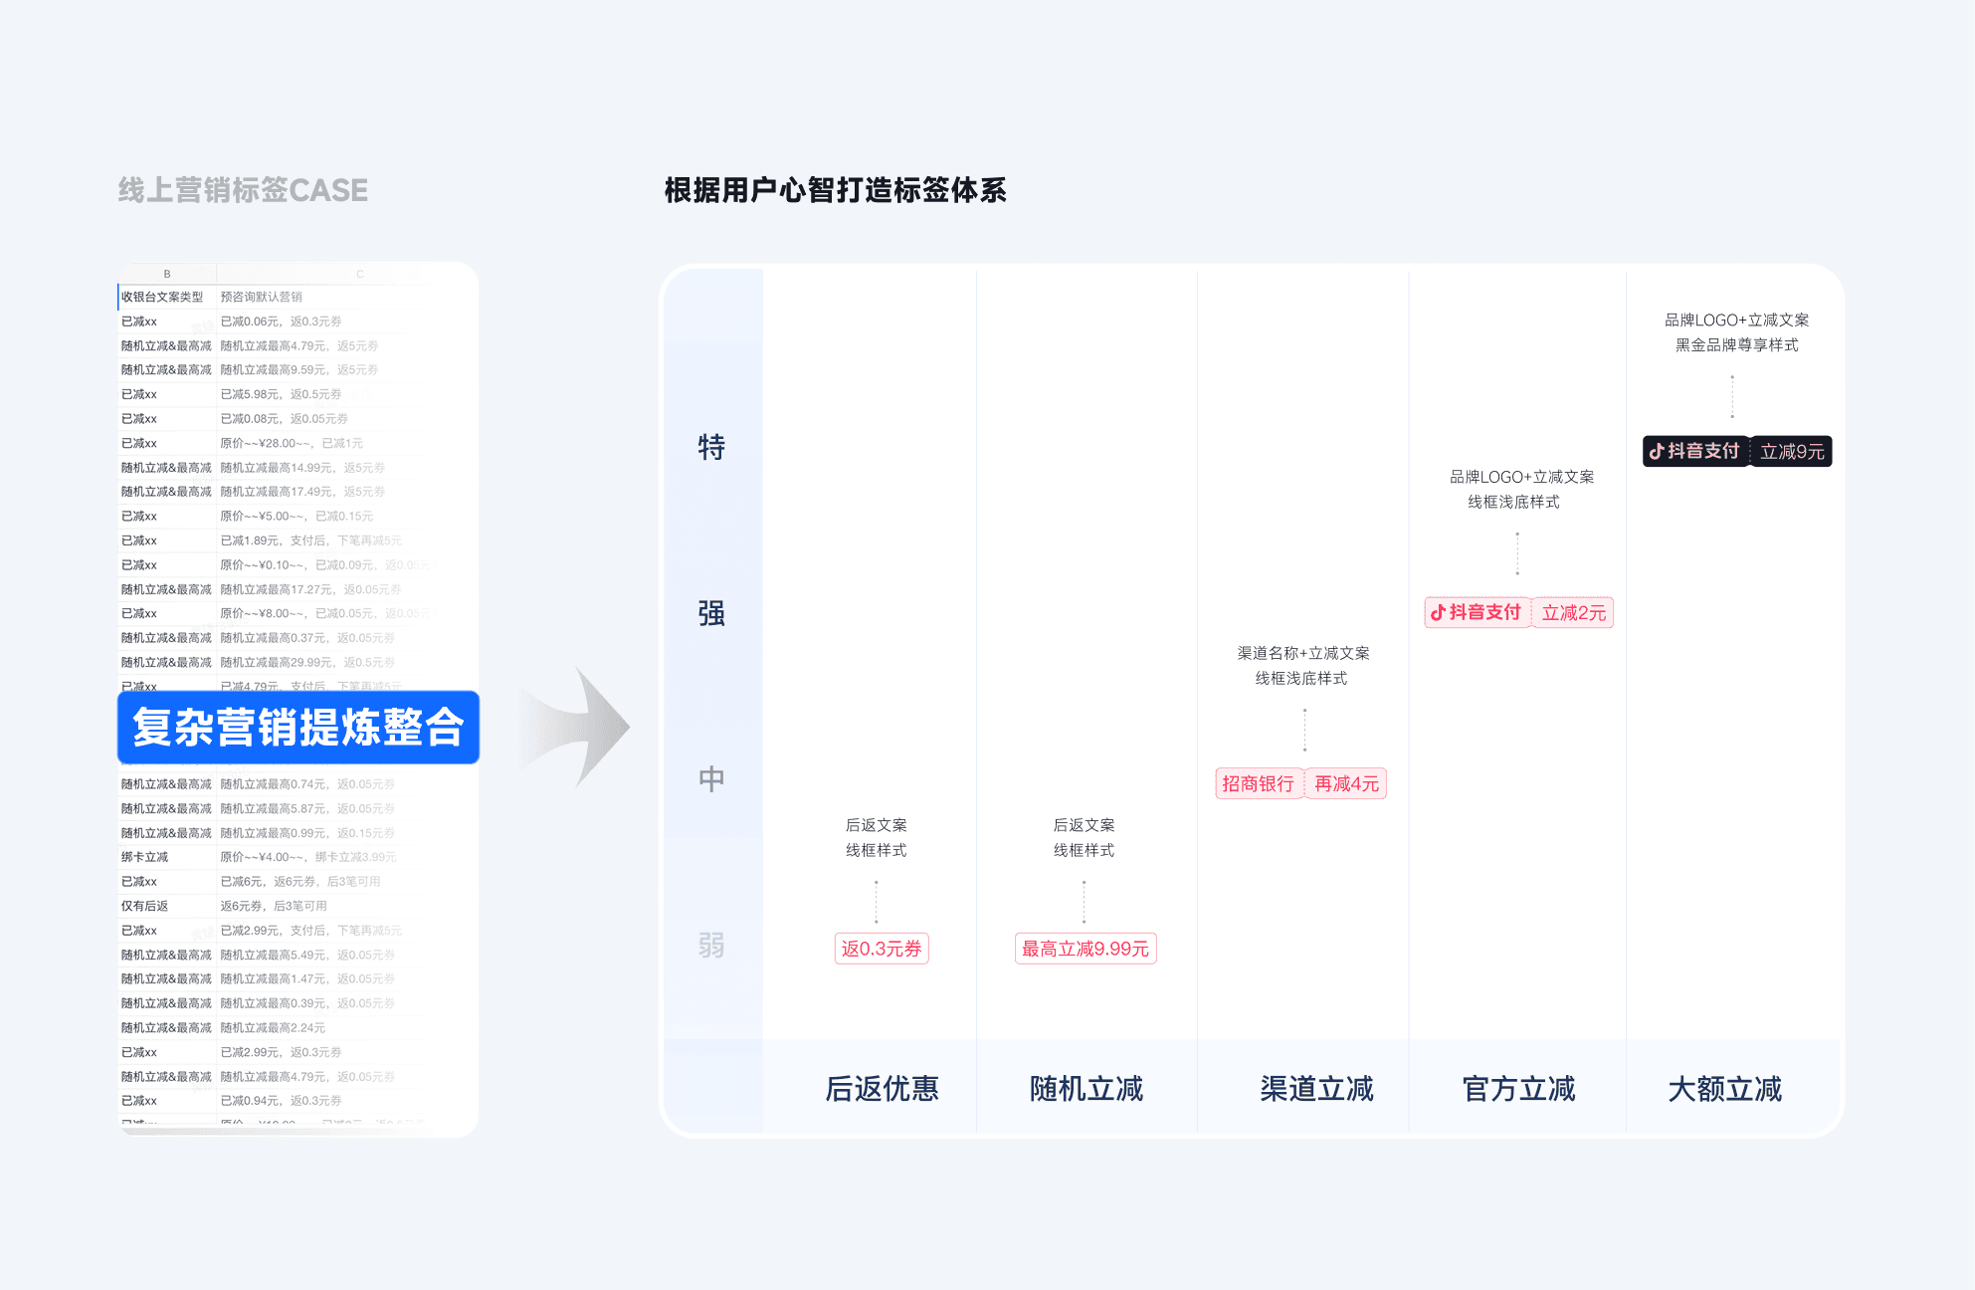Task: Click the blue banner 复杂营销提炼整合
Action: pos(297,728)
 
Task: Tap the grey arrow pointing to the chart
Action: pos(582,728)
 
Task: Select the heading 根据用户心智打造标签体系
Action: pos(835,190)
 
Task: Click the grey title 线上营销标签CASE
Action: pos(243,190)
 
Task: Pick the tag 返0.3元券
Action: pos(881,949)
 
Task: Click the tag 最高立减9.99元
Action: pos(1085,949)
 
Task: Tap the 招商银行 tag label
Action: pos(1258,783)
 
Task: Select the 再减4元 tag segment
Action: pos(1346,783)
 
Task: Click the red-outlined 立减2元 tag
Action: pos(1573,612)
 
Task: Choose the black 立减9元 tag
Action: pos(1792,451)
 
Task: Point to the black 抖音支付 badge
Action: pos(1694,451)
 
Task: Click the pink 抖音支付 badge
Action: pos(1477,612)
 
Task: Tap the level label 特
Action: pos(711,447)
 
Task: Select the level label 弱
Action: pos(711,945)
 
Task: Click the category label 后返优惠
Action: pos(882,1089)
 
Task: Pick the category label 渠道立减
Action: pos(1316,1089)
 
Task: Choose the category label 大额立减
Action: pos(1724,1089)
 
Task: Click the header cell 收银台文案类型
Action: pos(162,297)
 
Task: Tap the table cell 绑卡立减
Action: pos(145,857)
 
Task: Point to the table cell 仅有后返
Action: pos(145,906)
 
